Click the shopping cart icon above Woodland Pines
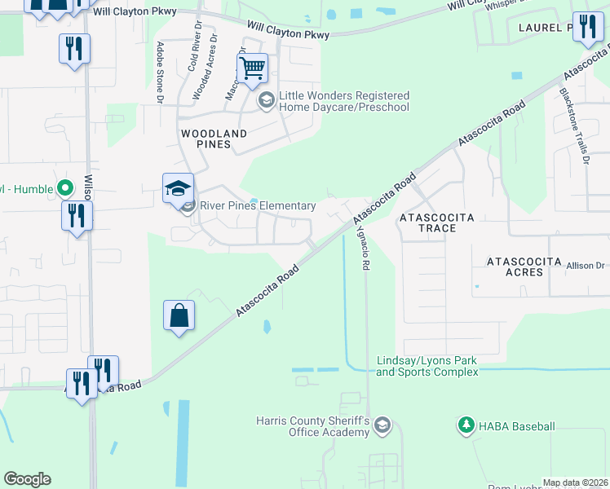click(253, 68)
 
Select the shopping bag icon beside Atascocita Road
click(179, 315)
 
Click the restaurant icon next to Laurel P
click(587, 27)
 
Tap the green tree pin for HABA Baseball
click(466, 425)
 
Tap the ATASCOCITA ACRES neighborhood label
click(524, 267)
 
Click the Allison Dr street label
click(585, 266)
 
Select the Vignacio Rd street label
click(365, 248)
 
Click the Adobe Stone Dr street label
click(160, 73)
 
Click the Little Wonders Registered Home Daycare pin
click(266, 101)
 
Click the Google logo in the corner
click(27, 479)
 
